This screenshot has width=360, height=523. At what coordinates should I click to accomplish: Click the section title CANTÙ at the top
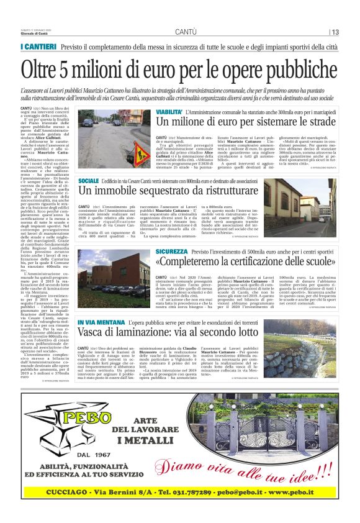click(186, 32)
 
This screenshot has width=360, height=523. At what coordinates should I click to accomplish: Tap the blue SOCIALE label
click(89, 180)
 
